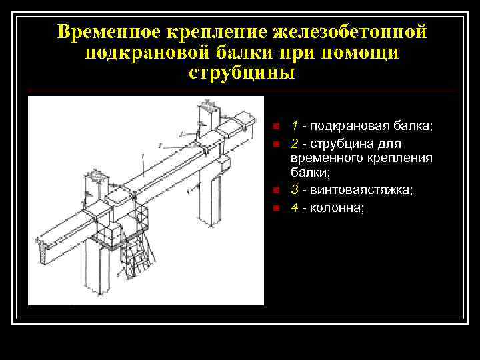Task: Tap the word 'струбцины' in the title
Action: click(241, 72)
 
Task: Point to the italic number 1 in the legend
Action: click(294, 125)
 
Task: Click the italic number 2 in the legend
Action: click(294, 144)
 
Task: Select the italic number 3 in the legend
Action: click(294, 190)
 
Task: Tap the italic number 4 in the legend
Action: click(294, 207)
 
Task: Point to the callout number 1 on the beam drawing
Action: click(142, 156)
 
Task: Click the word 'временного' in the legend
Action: click(326, 158)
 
